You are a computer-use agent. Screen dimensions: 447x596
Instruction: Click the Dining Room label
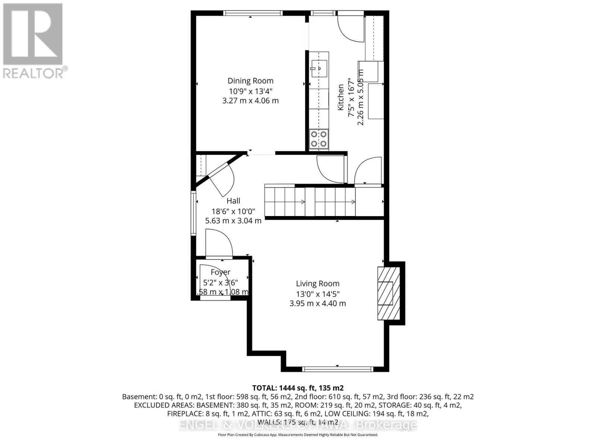pyautogui.click(x=250, y=81)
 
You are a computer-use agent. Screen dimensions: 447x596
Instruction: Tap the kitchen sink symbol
pyautogui.click(x=319, y=69)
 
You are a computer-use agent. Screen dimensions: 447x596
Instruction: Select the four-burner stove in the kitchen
pyautogui.click(x=319, y=139)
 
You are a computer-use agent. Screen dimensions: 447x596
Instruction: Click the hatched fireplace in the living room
pyautogui.click(x=389, y=293)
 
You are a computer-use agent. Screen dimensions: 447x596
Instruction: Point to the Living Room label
pyautogui.click(x=317, y=284)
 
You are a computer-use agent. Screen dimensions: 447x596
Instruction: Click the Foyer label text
pyautogui.click(x=221, y=272)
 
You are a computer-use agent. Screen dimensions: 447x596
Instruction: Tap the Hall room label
pyautogui.click(x=233, y=201)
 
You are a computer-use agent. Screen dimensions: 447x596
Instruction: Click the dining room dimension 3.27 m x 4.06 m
pyautogui.click(x=250, y=101)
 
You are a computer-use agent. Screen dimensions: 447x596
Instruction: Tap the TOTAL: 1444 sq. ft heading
pyautogui.click(x=297, y=388)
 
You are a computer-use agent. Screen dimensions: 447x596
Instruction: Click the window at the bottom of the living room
pyautogui.click(x=337, y=369)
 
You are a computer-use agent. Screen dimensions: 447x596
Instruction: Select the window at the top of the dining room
pyautogui.click(x=253, y=13)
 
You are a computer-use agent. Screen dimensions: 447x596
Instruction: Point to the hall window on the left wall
pyautogui.click(x=193, y=213)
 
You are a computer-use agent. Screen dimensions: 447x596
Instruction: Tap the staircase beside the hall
pyautogui.click(x=309, y=202)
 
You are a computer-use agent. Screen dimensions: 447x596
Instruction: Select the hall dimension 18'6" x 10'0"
pyautogui.click(x=233, y=211)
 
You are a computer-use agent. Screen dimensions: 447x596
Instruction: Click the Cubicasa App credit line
pyautogui.click(x=298, y=435)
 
